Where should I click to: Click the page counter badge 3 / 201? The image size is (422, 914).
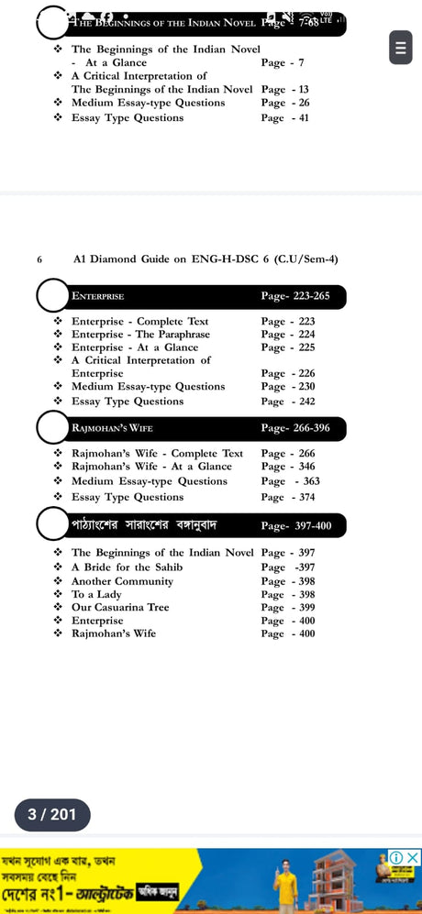[x=52, y=813]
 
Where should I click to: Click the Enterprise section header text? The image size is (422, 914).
[x=97, y=297]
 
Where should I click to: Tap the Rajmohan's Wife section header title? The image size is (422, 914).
[x=112, y=428]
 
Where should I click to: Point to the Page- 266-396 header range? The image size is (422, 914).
[x=302, y=428]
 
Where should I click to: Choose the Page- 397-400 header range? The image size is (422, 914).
[x=302, y=525]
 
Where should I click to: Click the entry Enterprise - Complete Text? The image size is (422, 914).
[x=139, y=322]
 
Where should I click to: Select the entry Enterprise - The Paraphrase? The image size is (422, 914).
[x=140, y=335]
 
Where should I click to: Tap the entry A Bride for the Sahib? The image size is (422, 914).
[x=127, y=567]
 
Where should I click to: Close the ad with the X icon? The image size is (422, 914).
[x=413, y=857]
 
